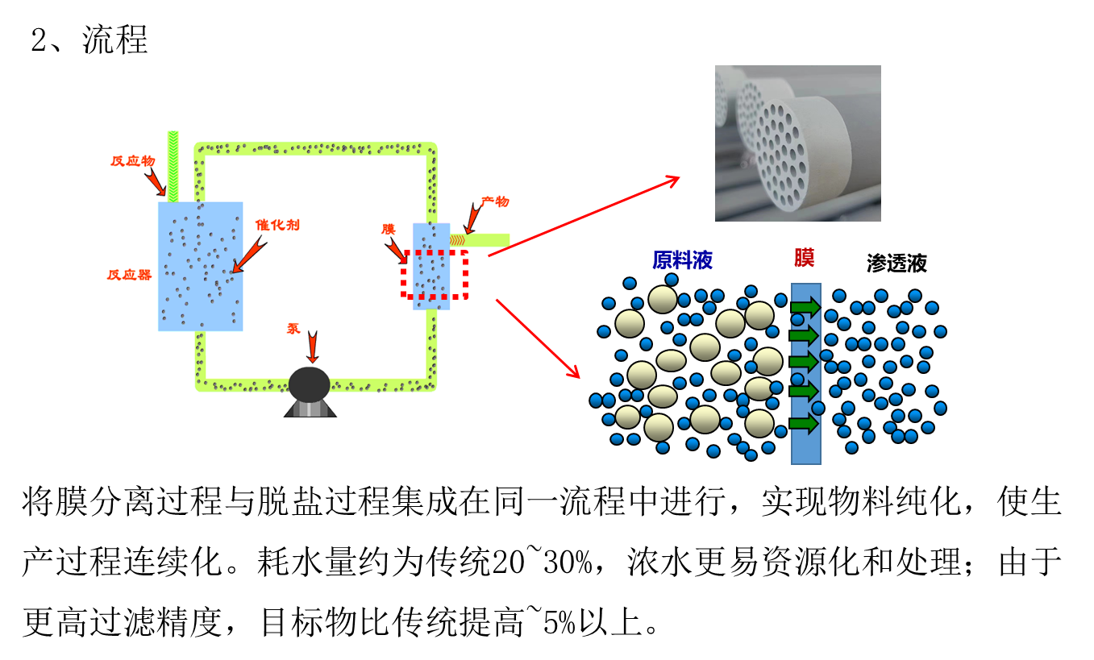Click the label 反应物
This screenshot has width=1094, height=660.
click(x=133, y=161)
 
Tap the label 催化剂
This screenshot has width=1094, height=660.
click(x=277, y=225)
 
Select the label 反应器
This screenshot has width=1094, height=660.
click(x=129, y=275)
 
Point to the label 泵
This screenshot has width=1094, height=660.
click(x=293, y=329)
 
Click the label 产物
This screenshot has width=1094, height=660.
click(x=495, y=201)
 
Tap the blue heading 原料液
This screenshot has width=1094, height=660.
click(x=682, y=259)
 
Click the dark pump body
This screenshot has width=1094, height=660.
click(x=310, y=385)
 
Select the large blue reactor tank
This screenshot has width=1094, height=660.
click(x=200, y=266)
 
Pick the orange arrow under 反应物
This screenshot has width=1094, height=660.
click(x=155, y=181)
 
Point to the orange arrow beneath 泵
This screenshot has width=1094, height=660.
click(x=312, y=347)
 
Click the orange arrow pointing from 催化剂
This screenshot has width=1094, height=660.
click(x=248, y=255)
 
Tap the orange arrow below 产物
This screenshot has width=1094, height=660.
click(x=472, y=219)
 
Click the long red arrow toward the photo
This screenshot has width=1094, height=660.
click(x=584, y=217)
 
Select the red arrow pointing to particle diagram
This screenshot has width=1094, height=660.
click(x=538, y=338)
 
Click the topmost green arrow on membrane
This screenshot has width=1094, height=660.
click(x=805, y=307)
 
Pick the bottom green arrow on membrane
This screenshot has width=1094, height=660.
click(x=805, y=423)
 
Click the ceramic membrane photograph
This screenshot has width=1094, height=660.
click(x=797, y=143)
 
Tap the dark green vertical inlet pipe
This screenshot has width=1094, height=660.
click(x=173, y=165)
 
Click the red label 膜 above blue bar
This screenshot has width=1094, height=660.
click(x=804, y=258)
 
